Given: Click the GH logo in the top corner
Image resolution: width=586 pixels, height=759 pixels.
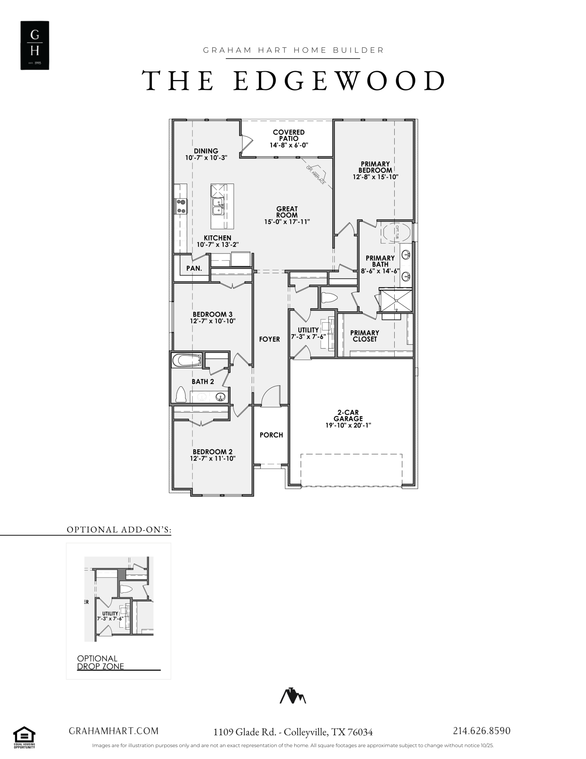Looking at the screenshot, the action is (35, 45).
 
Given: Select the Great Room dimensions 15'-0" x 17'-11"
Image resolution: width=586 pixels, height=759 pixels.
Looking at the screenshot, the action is (287, 222).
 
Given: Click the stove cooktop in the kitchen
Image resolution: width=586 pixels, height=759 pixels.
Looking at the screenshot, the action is (181, 206).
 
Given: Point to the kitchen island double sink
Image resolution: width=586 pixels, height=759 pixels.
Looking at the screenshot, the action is (217, 206).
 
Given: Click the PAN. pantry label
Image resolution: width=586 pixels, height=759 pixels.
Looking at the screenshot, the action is (194, 268).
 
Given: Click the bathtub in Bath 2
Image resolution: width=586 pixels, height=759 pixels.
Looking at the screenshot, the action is (187, 361).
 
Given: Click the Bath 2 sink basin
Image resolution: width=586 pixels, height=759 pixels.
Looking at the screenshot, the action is (220, 397).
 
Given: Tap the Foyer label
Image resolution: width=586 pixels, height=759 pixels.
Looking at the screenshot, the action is (270, 339).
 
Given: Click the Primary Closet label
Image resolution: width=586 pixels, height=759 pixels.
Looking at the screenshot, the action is (365, 336).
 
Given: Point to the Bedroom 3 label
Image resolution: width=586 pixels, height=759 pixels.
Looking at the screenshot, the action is (213, 315).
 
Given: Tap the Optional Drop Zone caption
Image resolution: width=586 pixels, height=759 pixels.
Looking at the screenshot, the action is (101, 662).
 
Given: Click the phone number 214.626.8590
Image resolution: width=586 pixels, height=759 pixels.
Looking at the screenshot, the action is (482, 731).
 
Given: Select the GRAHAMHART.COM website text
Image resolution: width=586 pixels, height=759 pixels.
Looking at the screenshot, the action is (113, 731).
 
